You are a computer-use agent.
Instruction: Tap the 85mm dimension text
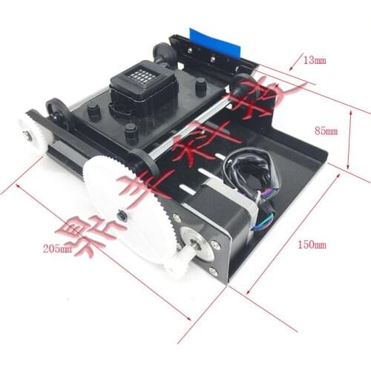pos(326,131)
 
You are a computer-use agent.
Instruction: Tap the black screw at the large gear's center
pos(121,215)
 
